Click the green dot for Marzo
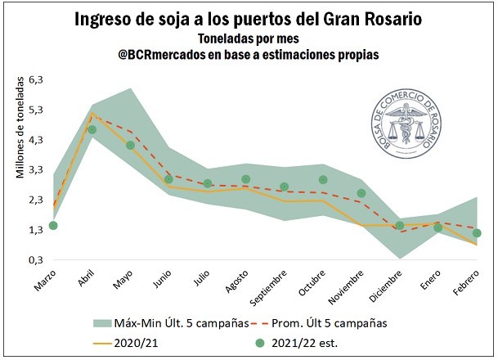pyautogui.click(x=53, y=226)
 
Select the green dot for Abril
pyautogui.click(x=92, y=129)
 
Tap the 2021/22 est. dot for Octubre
pyautogui.click(x=323, y=180)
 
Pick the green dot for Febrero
pyautogui.click(x=477, y=233)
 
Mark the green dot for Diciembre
pyautogui.click(x=400, y=226)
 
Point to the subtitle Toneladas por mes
pyautogui.click(x=248, y=38)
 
